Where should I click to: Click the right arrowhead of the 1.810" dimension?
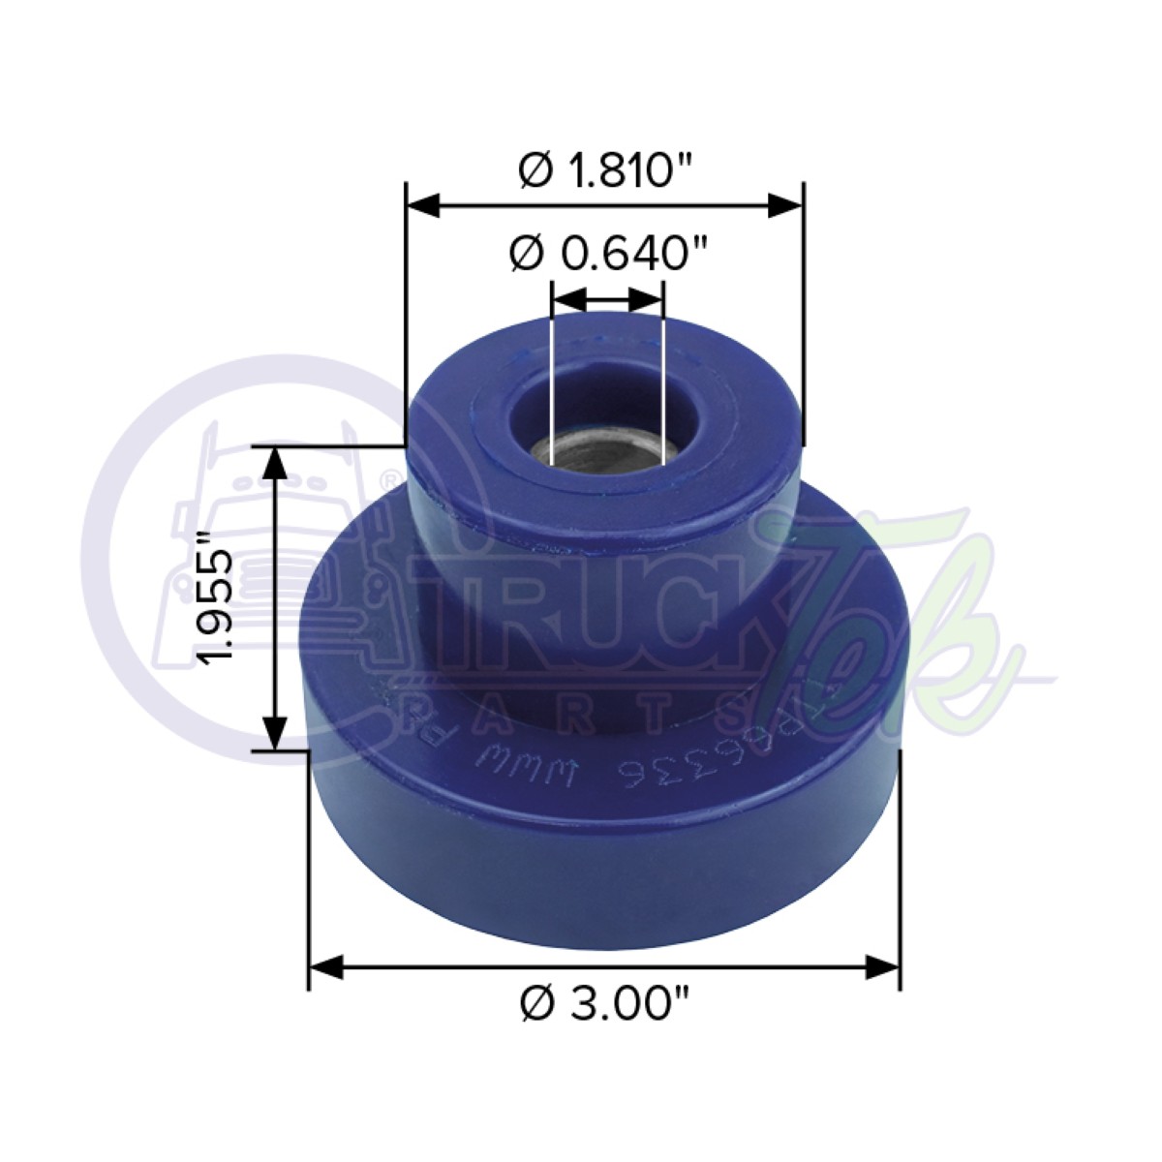785,205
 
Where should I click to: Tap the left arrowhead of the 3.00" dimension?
327,965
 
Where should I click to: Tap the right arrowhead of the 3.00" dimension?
882,965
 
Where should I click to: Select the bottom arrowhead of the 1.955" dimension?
276,731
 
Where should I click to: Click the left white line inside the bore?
550,387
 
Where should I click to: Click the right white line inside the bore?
663,387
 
